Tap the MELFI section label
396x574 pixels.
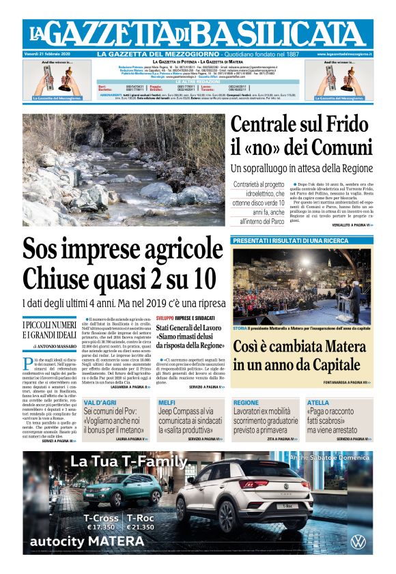pyautogui.click(x=167, y=403)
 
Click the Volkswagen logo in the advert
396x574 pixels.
pyautogui.click(x=358, y=543)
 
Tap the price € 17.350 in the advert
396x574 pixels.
pyautogui.click(x=99, y=528)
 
